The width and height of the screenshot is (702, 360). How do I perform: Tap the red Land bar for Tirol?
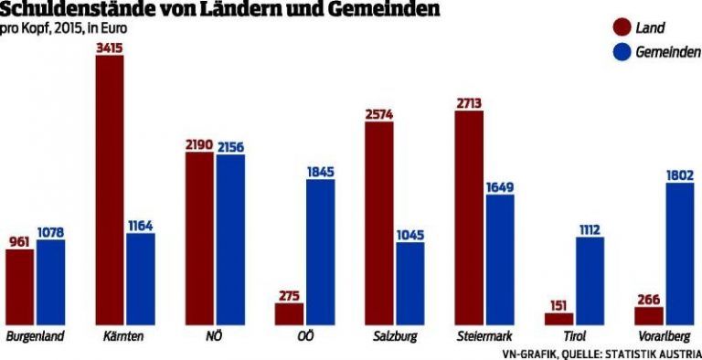pos(558,318)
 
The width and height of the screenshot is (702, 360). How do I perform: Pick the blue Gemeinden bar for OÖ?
pos(320,251)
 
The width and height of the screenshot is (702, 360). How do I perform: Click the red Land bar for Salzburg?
pos(379,223)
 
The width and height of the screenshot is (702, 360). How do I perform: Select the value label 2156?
pos(229,147)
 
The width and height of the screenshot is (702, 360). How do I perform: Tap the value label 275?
pos(289,295)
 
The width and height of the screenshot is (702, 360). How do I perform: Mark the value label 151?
pos(558,305)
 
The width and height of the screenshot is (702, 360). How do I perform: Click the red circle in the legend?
pos(623,29)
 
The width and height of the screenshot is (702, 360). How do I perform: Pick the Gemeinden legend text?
pos(669,54)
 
